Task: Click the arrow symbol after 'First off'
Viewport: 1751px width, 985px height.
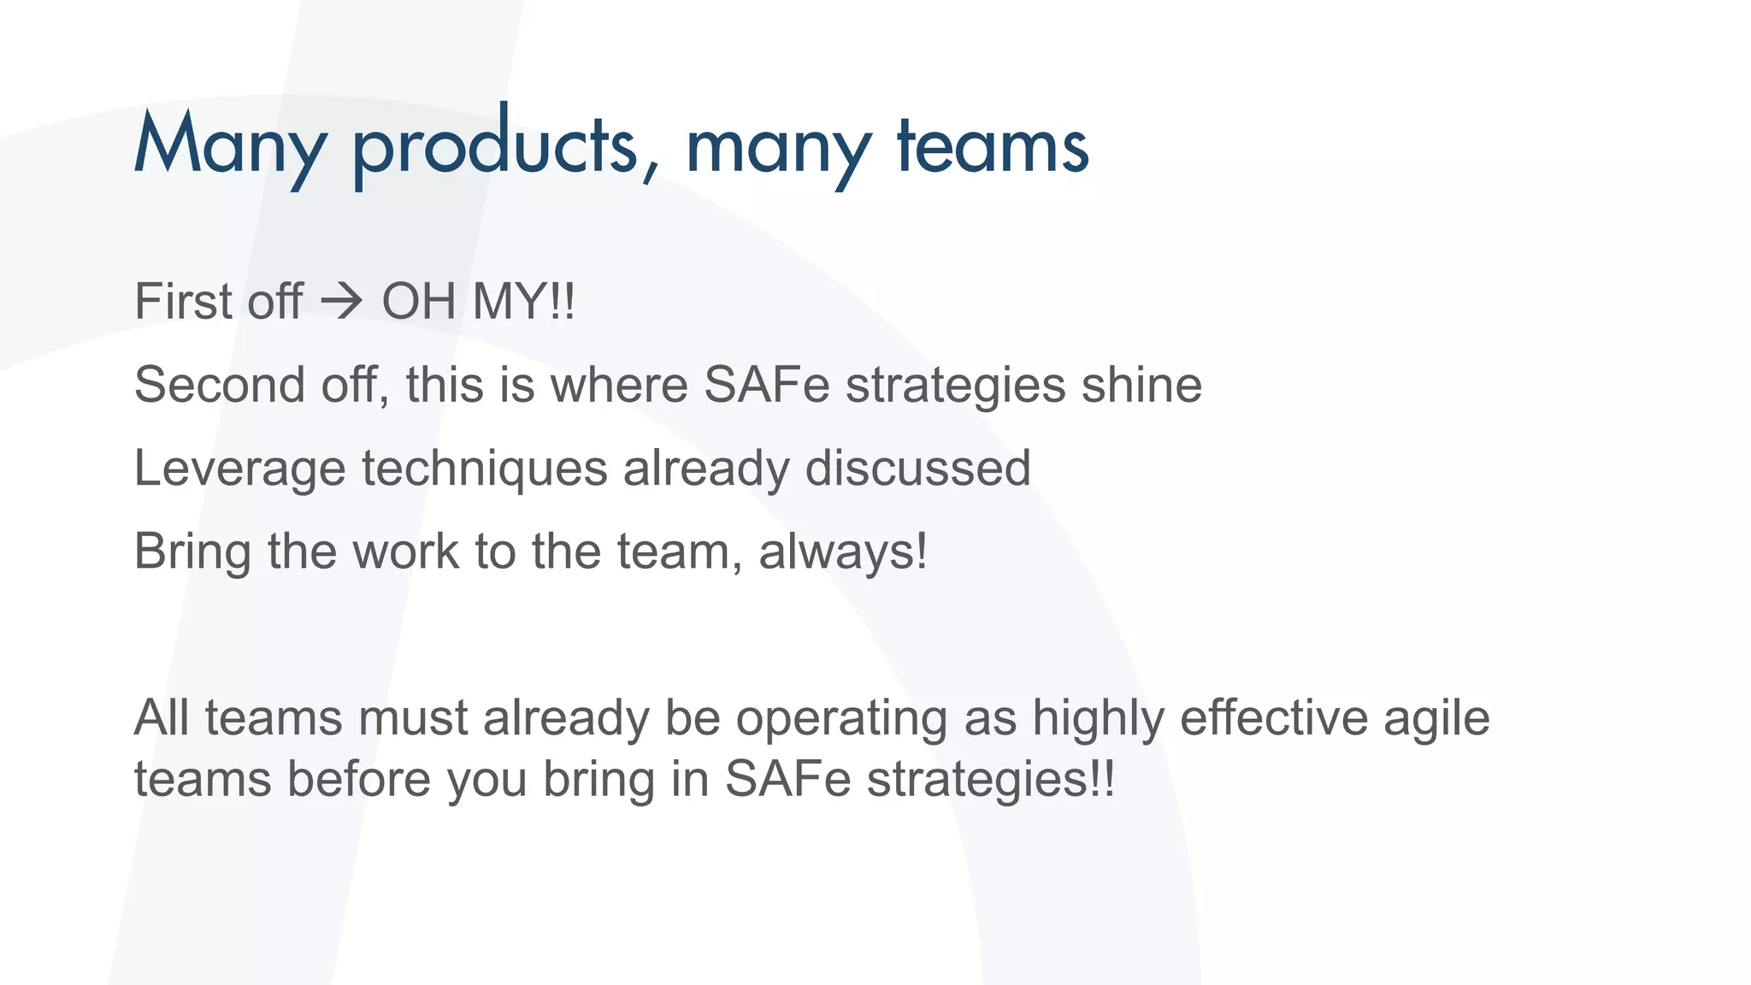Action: coord(342,302)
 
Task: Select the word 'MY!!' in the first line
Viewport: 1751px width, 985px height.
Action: coord(524,302)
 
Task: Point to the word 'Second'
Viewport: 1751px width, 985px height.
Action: coord(219,385)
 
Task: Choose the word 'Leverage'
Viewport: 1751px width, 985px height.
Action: coord(239,469)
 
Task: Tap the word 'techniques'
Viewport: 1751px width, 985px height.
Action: coord(484,469)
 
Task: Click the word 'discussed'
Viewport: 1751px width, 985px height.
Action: coord(917,469)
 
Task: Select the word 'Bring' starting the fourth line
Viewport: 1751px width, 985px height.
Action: coord(192,551)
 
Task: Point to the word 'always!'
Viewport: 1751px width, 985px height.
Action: coord(843,551)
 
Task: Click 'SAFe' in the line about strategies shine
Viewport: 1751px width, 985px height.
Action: coord(767,385)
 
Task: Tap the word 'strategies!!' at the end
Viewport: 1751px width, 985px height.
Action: coord(991,779)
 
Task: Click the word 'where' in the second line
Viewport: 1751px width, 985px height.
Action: coord(619,385)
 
